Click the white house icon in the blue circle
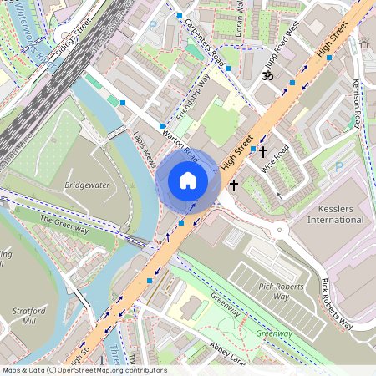coord(188,180)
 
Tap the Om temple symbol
coord(268,76)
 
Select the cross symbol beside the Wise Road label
coord(263,152)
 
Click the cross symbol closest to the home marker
coord(234,184)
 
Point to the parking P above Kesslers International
coord(338,167)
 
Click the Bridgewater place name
coord(87,185)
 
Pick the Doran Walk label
coord(239,17)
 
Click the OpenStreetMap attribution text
coord(84,370)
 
